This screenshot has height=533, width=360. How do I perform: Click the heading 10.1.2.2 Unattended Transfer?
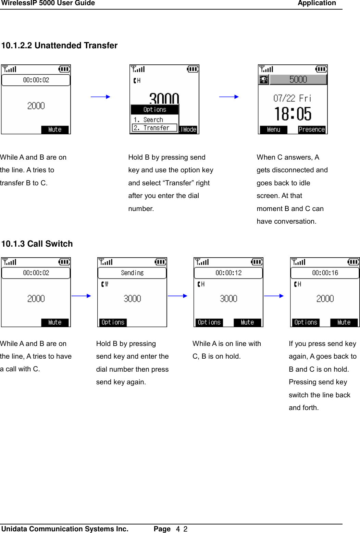click(59, 46)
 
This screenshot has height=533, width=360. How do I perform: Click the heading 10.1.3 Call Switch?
click(37, 244)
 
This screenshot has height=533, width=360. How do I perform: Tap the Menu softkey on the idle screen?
click(273, 129)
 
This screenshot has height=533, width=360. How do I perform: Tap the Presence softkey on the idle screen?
click(311, 129)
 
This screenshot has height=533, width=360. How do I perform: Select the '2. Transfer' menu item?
click(154, 128)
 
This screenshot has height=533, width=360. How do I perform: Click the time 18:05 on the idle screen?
click(293, 114)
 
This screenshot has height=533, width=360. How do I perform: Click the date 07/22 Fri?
click(292, 99)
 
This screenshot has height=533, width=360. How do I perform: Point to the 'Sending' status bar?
click(132, 273)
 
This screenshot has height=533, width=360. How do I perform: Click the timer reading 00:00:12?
click(228, 273)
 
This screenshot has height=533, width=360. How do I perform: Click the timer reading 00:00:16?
click(325, 273)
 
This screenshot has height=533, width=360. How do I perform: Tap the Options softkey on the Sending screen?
click(113, 322)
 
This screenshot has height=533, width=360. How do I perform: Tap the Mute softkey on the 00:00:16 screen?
click(344, 322)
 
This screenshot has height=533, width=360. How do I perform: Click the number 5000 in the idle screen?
click(298, 79)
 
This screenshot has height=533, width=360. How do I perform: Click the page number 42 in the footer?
click(182, 529)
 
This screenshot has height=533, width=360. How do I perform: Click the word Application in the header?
click(316, 3)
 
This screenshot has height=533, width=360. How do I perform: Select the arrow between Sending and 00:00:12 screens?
click(177, 296)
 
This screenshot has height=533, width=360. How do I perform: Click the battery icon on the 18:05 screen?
click(321, 70)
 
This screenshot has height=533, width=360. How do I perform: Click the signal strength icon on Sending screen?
click(106, 262)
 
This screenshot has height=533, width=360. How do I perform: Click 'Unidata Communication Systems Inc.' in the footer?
click(65, 529)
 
